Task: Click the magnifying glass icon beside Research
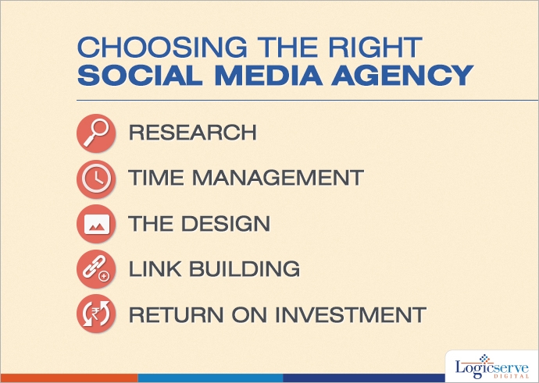pyautogui.click(x=96, y=133)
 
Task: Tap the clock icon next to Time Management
pyautogui.click(x=96, y=179)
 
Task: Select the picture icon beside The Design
pyautogui.click(x=96, y=224)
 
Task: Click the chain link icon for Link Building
pyautogui.click(x=96, y=269)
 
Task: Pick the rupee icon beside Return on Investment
pyautogui.click(x=96, y=314)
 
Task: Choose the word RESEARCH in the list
pyautogui.click(x=193, y=133)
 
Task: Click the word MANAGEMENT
pyautogui.click(x=278, y=177)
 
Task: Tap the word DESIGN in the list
pyautogui.click(x=226, y=224)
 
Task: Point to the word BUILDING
pyautogui.click(x=245, y=268)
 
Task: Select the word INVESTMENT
pyautogui.click(x=351, y=314)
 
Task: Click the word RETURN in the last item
pyautogui.click(x=176, y=314)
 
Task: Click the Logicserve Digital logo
pyautogui.click(x=492, y=367)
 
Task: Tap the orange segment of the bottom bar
pyautogui.click(x=69, y=378)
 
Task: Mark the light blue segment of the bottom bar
pyautogui.click(x=210, y=378)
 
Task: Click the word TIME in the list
pyautogui.click(x=156, y=177)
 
